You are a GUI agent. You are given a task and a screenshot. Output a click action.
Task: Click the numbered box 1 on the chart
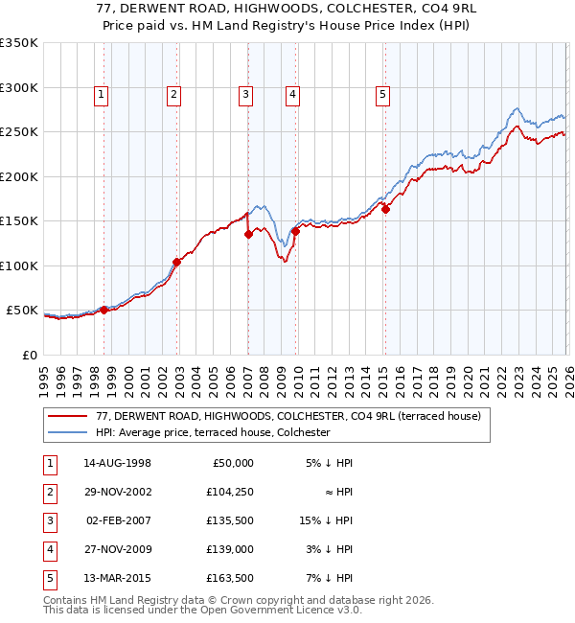tap(101, 94)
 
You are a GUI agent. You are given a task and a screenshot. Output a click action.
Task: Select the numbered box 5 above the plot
tap(382, 94)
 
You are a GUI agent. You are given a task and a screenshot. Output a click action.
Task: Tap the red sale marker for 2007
tap(248, 233)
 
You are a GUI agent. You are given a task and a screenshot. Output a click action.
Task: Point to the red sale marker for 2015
tap(385, 209)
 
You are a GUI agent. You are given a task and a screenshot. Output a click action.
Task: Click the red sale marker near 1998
tap(104, 310)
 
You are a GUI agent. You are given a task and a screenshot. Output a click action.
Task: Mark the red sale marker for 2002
tap(177, 262)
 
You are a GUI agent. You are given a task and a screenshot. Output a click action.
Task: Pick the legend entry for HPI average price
tap(213, 433)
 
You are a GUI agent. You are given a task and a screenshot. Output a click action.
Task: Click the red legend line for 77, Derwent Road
tap(69, 417)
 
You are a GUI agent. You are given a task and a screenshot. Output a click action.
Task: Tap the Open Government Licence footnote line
tap(190, 610)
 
